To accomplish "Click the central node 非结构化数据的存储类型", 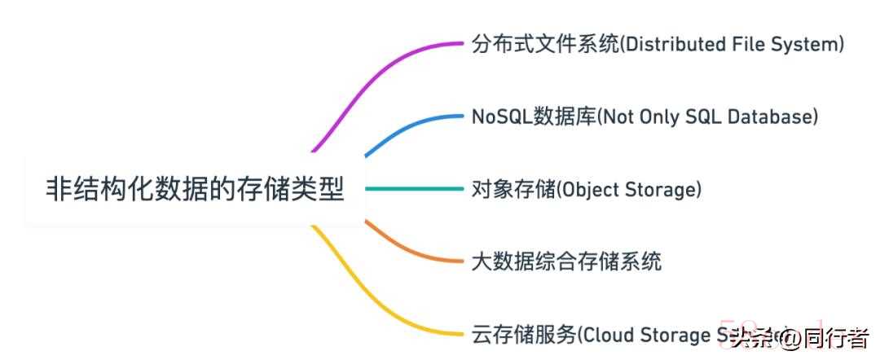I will coord(195,190).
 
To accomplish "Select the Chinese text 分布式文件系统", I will coord(545,44).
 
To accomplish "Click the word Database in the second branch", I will coord(773,116).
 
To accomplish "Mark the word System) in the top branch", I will coord(810,44).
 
